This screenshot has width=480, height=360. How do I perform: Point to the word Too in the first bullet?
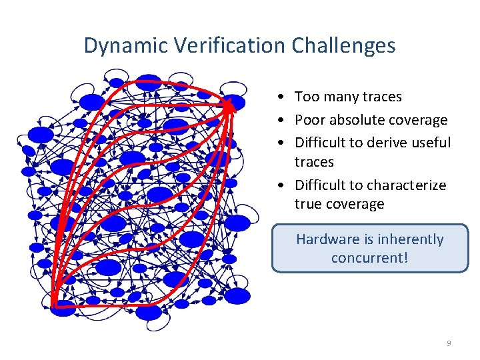307,97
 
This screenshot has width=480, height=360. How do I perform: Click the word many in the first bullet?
340,97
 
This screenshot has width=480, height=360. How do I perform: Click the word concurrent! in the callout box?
369,258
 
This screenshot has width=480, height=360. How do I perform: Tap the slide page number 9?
449,343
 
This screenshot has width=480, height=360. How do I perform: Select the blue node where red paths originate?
63,307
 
